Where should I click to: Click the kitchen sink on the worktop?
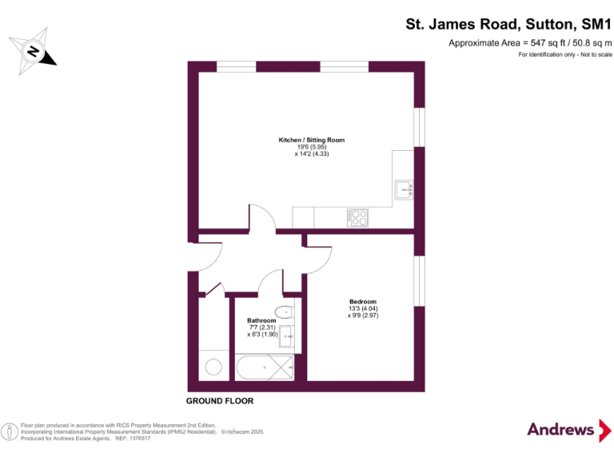(405, 189)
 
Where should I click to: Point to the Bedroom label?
(363, 301)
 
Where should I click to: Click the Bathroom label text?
(261, 320)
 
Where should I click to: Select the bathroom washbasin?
(287, 337)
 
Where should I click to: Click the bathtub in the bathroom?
(264, 368)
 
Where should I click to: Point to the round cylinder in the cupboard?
(214, 367)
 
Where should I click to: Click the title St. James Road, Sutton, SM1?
(508, 25)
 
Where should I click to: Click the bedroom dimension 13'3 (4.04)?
(358, 308)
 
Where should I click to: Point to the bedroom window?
(420, 280)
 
